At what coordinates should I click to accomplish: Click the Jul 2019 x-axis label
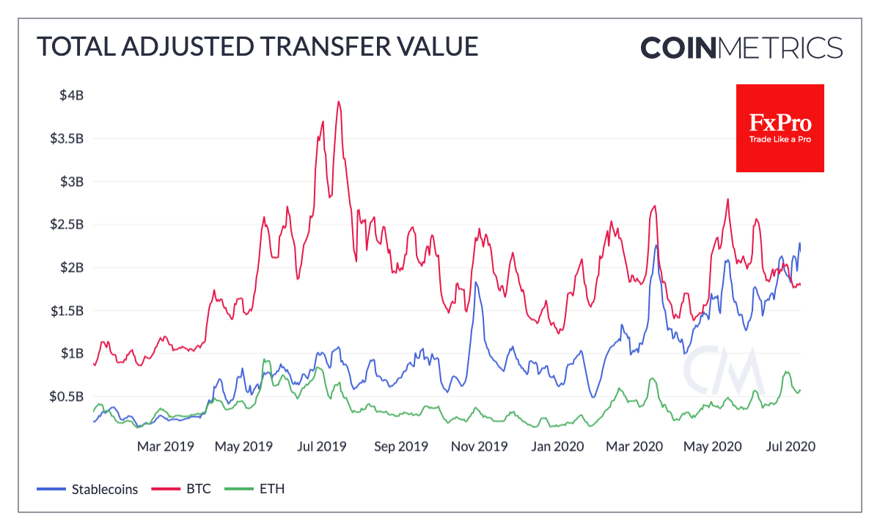(x=323, y=446)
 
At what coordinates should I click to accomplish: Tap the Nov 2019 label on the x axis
(x=478, y=446)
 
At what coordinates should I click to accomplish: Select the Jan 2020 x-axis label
(x=558, y=446)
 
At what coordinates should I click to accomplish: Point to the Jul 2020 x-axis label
(x=790, y=446)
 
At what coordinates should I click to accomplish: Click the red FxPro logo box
(x=780, y=128)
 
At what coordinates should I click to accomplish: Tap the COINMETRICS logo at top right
(x=741, y=48)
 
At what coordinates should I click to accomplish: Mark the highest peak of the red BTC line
(x=338, y=102)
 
